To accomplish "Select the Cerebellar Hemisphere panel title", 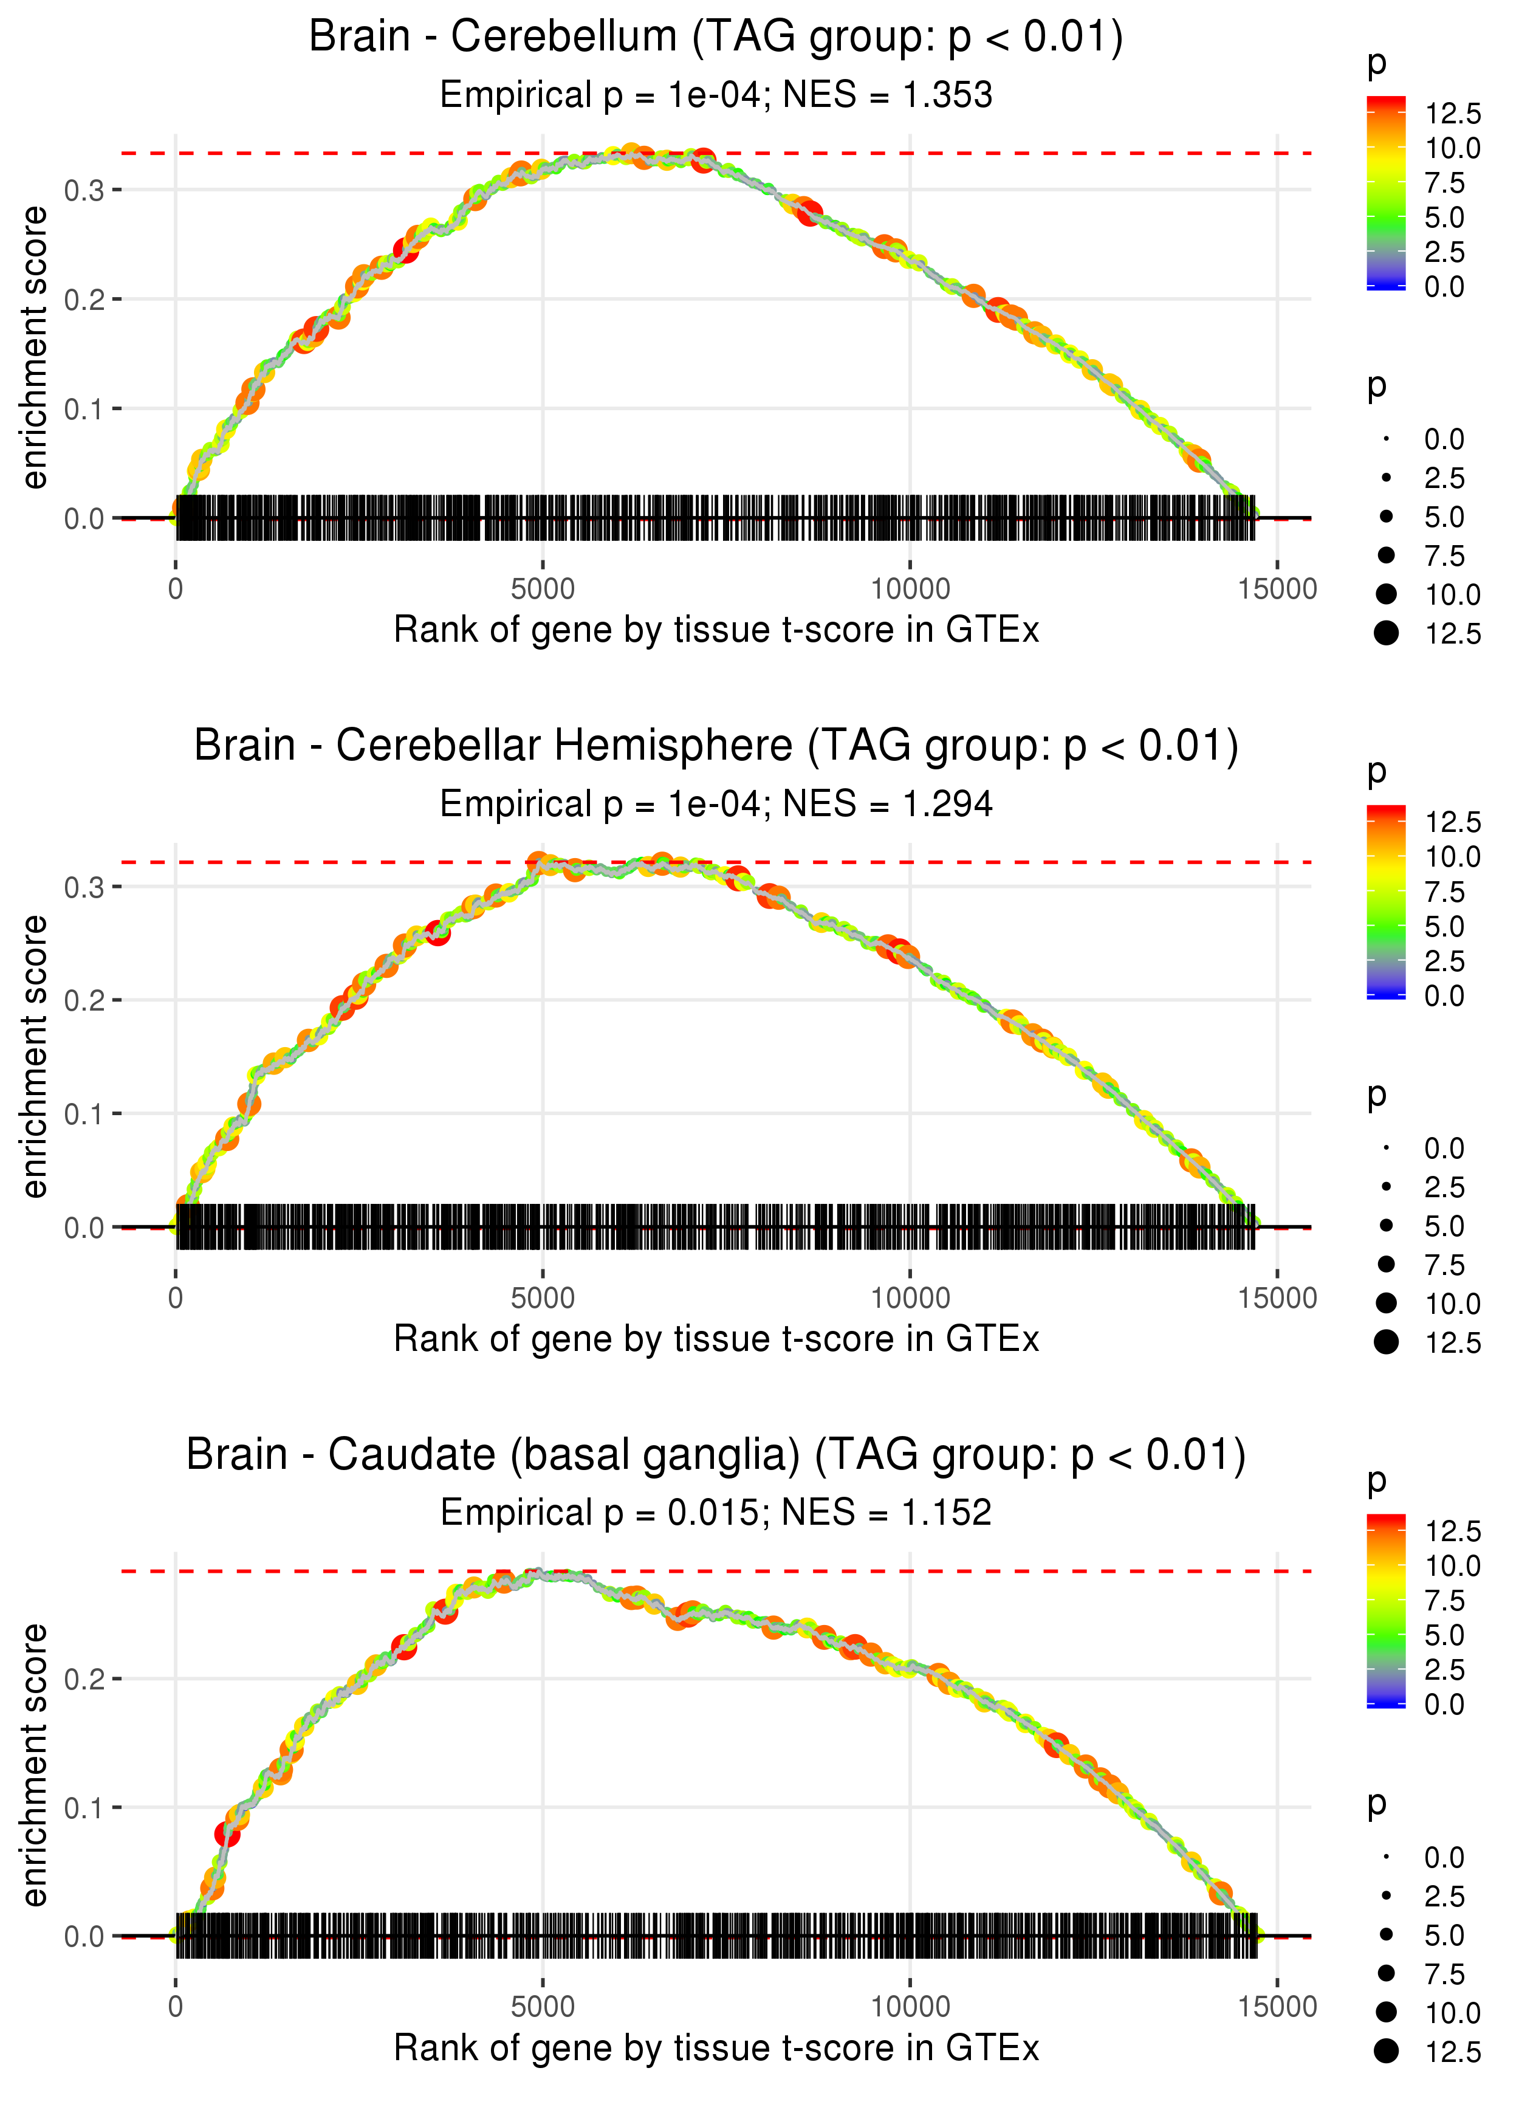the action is [716, 746].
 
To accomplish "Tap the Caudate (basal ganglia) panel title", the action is [716, 1455].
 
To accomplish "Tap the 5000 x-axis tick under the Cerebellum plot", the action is [543, 589].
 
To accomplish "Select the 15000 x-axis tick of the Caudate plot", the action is [1278, 2007].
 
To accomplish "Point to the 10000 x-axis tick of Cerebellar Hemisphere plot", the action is [910, 1298].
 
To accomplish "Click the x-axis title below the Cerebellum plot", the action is [716, 630].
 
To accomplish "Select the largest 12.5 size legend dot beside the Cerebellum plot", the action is [1386, 633].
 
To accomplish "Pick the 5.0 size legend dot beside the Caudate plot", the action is [1386, 1934].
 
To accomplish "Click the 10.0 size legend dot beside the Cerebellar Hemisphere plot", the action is [1386, 1303].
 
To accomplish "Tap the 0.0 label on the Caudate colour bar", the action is [1444, 1704].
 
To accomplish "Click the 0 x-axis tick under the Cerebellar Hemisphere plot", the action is [176, 1298].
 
